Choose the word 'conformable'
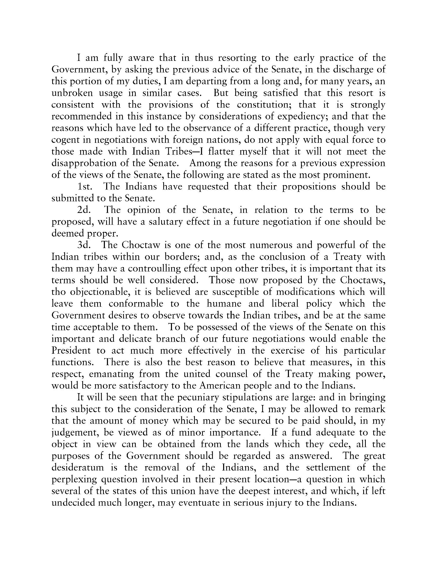coord(136,304)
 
